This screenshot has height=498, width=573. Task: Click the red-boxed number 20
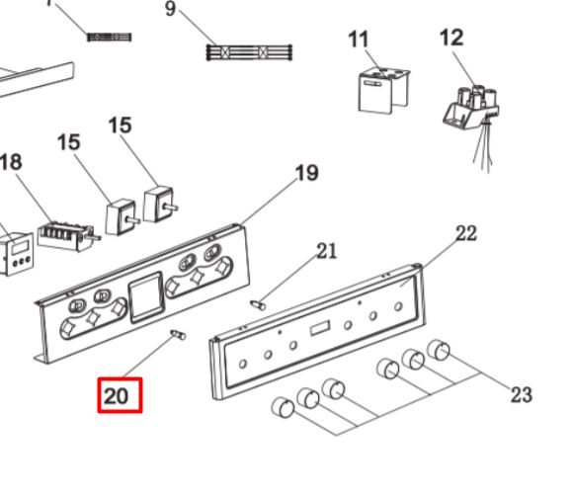tap(117, 396)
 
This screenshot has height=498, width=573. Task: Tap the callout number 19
tap(306, 173)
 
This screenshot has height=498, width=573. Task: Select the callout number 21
tap(326, 251)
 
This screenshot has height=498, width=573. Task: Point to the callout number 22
tap(466, 233)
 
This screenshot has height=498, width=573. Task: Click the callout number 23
tap(521, 395)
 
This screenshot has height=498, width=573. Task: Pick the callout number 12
tap(451, 38)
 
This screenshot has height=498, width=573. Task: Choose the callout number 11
tap(358, 40)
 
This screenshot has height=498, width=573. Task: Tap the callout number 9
tap(170, 9)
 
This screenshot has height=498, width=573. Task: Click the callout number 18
tap(11, 162)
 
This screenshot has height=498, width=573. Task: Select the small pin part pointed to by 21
tap(258, 304)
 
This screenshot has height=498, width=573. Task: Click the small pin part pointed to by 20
tap(178, 334)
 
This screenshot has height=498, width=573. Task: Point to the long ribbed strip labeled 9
tap(249, 52)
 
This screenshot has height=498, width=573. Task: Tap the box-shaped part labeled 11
tap(383, 90)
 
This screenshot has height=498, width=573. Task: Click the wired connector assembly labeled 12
tap(471, 110)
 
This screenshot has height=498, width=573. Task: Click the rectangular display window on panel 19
tap(146, 297)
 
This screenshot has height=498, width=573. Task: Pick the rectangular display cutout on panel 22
tap(320, 328)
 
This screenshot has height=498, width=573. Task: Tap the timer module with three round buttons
tap(17, 253)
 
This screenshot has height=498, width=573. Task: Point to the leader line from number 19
tap(268, 202)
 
